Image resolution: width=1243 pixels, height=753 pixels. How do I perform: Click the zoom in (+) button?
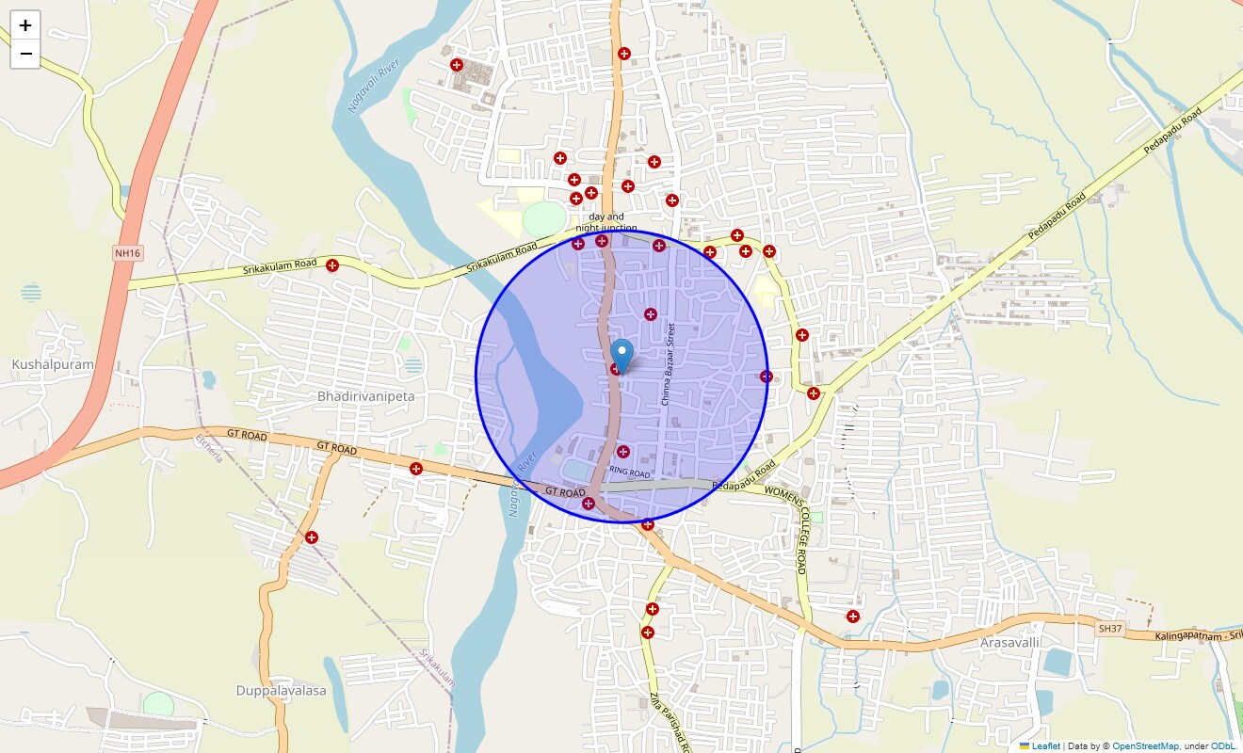click(25, 25)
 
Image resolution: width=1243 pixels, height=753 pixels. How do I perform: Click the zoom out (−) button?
click(25, 54)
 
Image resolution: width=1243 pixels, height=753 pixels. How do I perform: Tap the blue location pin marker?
click(621, 356)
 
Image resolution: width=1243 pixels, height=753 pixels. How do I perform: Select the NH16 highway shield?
click(127, 253)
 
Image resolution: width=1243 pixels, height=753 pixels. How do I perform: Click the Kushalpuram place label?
click(53, 364)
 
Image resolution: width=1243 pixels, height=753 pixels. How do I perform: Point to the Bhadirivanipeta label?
click(366, 396)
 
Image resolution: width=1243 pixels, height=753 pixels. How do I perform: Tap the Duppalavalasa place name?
click(281, 690)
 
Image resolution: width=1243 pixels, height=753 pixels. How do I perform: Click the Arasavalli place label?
click(1009, 642)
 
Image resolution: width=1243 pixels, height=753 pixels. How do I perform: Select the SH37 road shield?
click(1110, 627)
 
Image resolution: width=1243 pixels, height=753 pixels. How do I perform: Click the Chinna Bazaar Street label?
click(668, 364)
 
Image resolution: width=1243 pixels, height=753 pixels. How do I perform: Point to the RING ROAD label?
click(630, 472)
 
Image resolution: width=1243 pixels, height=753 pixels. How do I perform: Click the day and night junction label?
click(606, 222)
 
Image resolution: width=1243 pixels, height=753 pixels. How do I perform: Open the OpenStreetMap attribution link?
click(1145, 746)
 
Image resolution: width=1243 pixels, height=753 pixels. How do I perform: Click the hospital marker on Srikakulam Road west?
click(331, 265)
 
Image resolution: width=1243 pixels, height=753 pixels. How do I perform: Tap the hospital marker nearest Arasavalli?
click(853, 617)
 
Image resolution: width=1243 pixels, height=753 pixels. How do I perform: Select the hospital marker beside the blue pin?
click(616, 369)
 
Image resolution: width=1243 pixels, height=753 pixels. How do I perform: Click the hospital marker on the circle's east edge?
click(767, 376)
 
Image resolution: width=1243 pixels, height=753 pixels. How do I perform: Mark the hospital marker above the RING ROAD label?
click(622, 452)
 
